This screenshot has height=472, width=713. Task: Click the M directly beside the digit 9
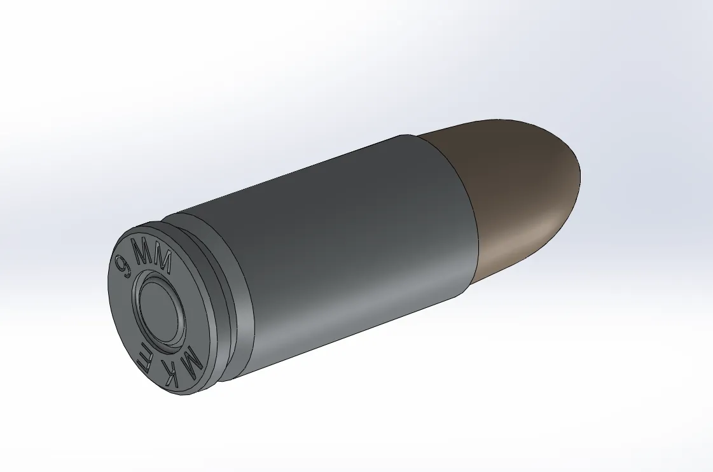(x=141, y=251)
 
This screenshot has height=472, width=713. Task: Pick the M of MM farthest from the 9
(x=163, y=261)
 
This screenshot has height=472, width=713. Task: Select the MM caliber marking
(x=153, y=255)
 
